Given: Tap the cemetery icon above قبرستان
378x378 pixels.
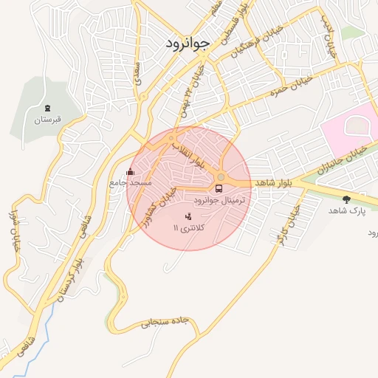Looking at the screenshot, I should pyautogui.click(x=48, y=108).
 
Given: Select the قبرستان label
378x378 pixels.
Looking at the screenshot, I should pyautogui.click(x=48, y=119).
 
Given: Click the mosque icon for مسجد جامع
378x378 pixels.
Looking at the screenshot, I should pyautogui.click(x=131, y=173).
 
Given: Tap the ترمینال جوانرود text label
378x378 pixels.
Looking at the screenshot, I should pyautogui.click(x=222, y=200).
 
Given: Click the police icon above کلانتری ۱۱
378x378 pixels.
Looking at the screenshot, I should pyautogui.click(x=188, y=216).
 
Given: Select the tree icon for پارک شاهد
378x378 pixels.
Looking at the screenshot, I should pyautogui.click(x=346, y=199).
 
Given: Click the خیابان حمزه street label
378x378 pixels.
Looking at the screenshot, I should pyautogui.click(x=291, y=88).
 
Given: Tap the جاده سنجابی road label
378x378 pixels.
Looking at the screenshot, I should pyautogui.click(x=169, y=323).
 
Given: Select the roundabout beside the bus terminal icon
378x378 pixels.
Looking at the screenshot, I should pyautogui.click(x=221, y=177).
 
